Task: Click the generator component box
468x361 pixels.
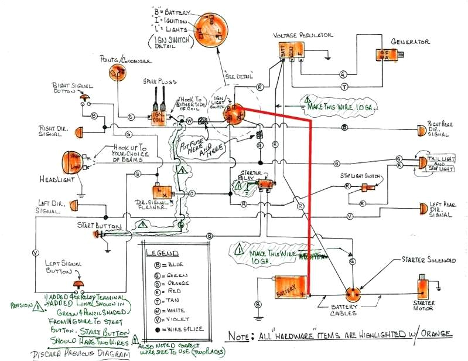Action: coord(387,55)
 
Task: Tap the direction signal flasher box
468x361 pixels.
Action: coord(161,192)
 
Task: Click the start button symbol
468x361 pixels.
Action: coord(97,234)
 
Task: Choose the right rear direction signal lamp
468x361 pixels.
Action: coord(421,129)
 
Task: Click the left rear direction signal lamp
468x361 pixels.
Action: coord(423,207)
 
